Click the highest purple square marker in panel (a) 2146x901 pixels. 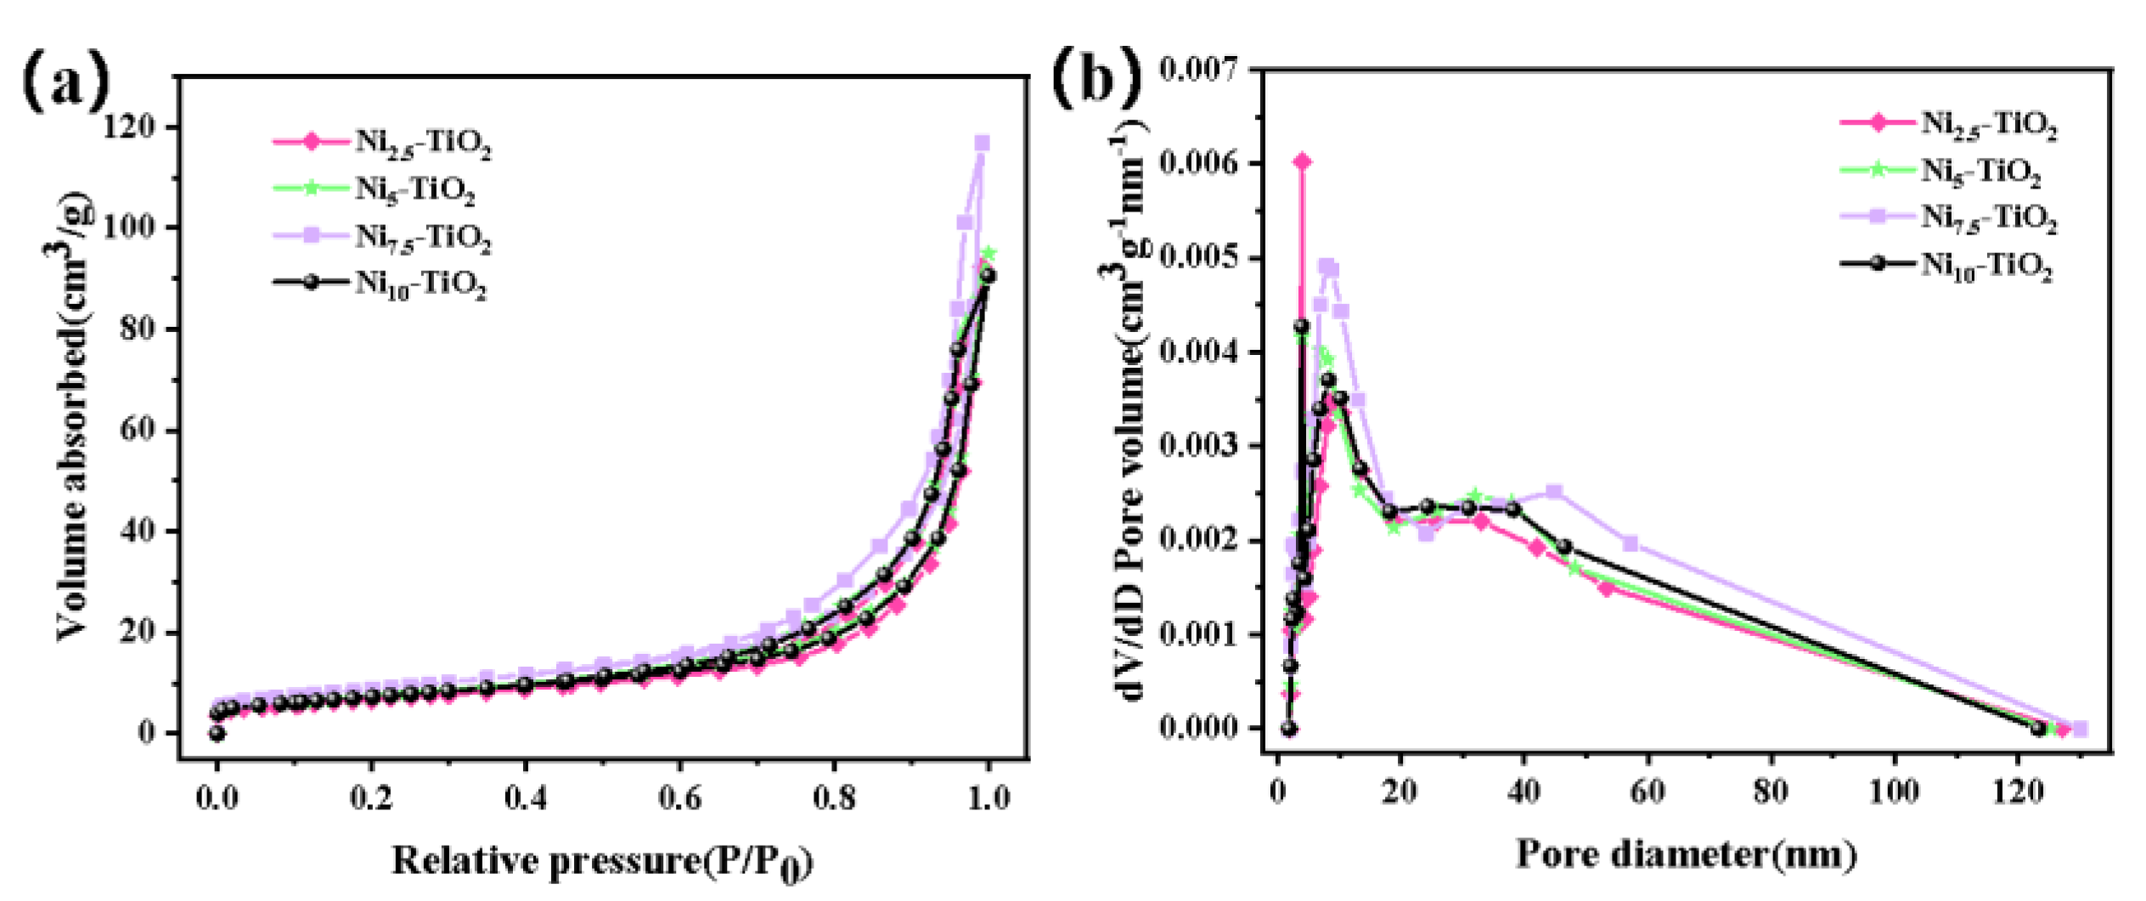982,143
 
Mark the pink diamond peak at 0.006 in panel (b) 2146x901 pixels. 1302,161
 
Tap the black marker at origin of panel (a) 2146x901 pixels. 217,733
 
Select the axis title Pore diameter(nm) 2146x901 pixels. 1686,854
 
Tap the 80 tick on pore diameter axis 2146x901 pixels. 1771,791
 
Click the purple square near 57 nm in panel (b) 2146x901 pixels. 1630,543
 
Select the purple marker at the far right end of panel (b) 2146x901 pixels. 2080,729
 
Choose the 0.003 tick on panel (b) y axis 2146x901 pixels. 1198,446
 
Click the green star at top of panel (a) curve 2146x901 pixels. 988,253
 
